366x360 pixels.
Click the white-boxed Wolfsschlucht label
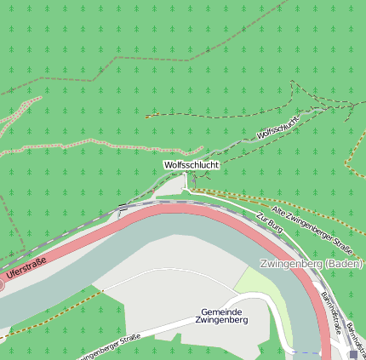point(192,164)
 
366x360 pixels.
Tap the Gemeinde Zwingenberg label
point(221,317)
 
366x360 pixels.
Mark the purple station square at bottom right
point(353,355)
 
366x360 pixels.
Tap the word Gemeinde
point(221,311)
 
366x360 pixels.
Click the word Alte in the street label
point(278,210)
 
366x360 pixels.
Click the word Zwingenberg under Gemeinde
point(221,322)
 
